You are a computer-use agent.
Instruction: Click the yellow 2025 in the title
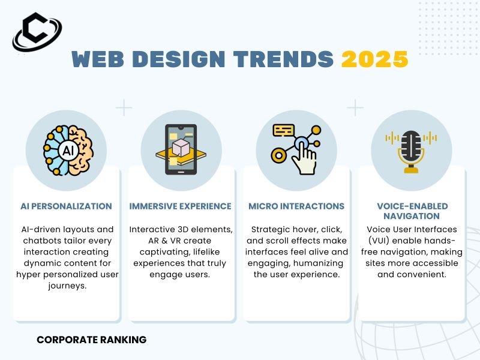[374, 59]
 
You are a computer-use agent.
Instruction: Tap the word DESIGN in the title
[179, 59]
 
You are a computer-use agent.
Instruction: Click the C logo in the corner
[37, 32]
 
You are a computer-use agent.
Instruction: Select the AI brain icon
[68, 151]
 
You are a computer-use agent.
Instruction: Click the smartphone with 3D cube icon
[181, 149]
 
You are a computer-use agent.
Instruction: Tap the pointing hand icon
[304, 156]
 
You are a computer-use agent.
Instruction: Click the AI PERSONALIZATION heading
[66, 206]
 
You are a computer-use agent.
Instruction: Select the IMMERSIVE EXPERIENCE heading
[181, 206]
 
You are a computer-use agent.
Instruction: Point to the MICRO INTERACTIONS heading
[296, 206]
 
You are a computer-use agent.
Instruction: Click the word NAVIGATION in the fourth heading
[412, 216]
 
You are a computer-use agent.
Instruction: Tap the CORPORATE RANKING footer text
[92, 340]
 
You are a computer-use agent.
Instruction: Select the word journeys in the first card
[67, 286]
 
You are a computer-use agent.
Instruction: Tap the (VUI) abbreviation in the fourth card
[379, 241]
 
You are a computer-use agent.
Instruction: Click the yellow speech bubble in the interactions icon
[283, 130]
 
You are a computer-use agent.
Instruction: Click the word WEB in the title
[98, 59]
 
